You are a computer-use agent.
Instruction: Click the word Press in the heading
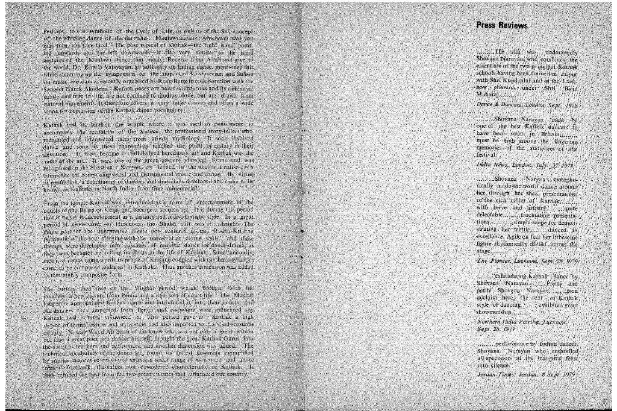tap(485, 26)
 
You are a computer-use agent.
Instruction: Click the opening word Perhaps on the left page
tap(54, 30)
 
